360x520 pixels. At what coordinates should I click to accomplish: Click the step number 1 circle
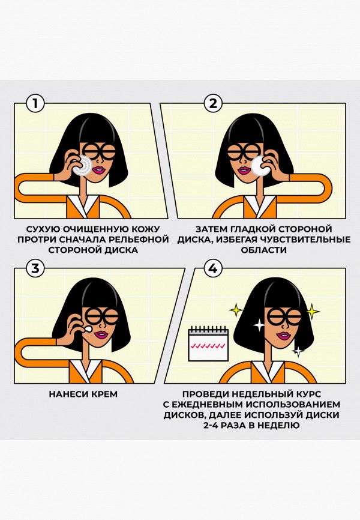point(35,103)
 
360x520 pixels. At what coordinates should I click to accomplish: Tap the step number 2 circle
point(212,103)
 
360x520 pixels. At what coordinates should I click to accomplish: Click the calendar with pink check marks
point(206,344)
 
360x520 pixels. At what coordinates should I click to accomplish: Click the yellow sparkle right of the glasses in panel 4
point(312,311)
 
